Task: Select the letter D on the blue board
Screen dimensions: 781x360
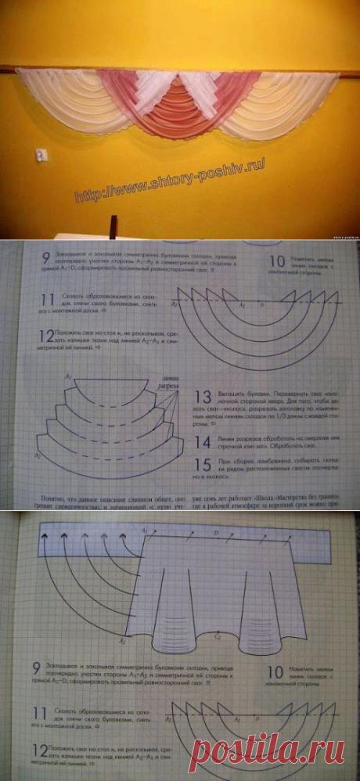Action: pos(217,532)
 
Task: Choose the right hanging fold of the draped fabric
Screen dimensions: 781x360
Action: pos(258,618)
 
